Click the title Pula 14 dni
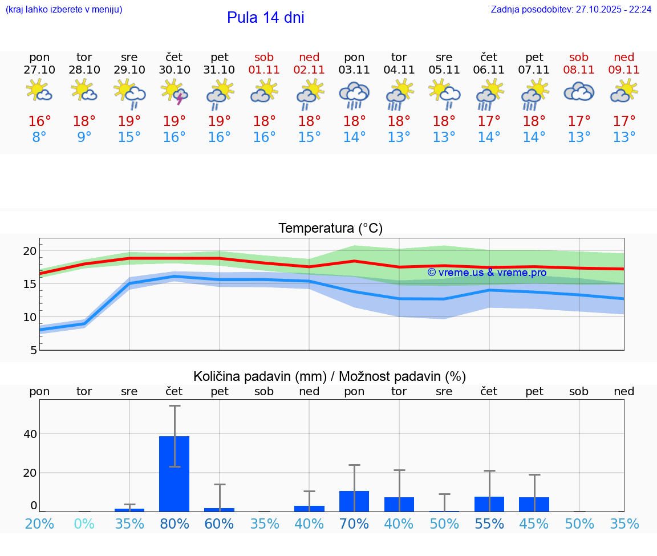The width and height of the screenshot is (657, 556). (x=265, y=18)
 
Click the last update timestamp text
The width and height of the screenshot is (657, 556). (x=571, y=10)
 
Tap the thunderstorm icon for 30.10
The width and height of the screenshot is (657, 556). (x=175, y=92)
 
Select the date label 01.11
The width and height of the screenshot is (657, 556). (x=264, y=70)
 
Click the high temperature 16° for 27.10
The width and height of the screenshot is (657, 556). (x=39, y=121)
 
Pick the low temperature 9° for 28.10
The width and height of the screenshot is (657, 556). (x=84, y=137)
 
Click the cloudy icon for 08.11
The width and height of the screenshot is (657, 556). (x=579, y=92)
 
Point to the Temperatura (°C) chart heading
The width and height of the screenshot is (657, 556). (x=330, y=229)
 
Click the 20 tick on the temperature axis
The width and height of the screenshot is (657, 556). (x=30, y=251)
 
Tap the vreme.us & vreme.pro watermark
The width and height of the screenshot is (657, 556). (x=486, y=273)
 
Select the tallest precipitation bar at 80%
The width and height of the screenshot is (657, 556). (x=174, y=473)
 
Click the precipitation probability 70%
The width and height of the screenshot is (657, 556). (x=354, y=523)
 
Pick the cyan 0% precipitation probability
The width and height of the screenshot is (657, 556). (x=84, y=523)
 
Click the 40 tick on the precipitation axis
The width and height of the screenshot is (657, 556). (x=30, y=434)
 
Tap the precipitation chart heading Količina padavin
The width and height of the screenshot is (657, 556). (x=330, y=376)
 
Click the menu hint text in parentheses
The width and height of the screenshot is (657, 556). (x=64, y=10)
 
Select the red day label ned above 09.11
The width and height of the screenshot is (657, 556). (x=624, y=57)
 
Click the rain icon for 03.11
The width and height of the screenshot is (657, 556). (x=354, y=94)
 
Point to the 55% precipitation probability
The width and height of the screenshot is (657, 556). (x=489, y=523)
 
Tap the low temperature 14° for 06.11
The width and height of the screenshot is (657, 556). (x=489, y=137)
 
